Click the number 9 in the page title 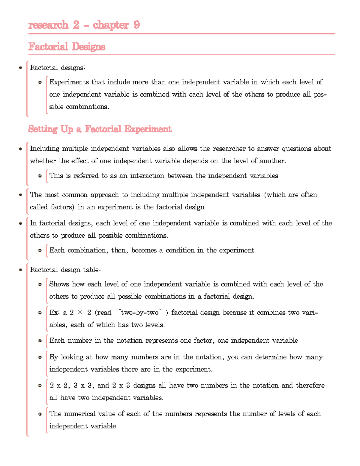(136, 25)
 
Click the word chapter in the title (111, 25)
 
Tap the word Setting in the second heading (43, 129)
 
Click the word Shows (59, 284)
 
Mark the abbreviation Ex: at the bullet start (54, 312)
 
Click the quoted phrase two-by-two (140, 312)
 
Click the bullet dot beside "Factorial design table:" (20, 270)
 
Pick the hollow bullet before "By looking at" (40, 357)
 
